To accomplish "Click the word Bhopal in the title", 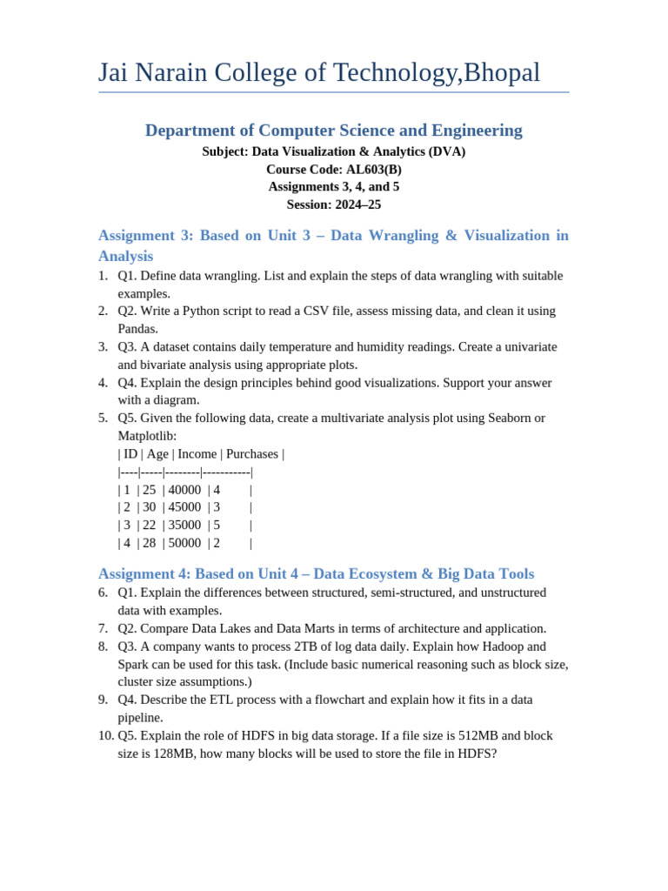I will pyautogui.click(x=502, y=73).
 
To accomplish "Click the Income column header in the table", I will pyautogui.click(x=197, y=453).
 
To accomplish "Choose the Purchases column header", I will pyautogui.click(x=252, y=453).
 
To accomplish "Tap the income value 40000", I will pyautogui.click(x=184, y=490).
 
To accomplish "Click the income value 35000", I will pyautogui.click(x=184, y=525).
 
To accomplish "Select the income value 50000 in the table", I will pyautogui.click(x=184, y=543).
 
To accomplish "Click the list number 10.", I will pyautogui.click(x=105, y=735).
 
